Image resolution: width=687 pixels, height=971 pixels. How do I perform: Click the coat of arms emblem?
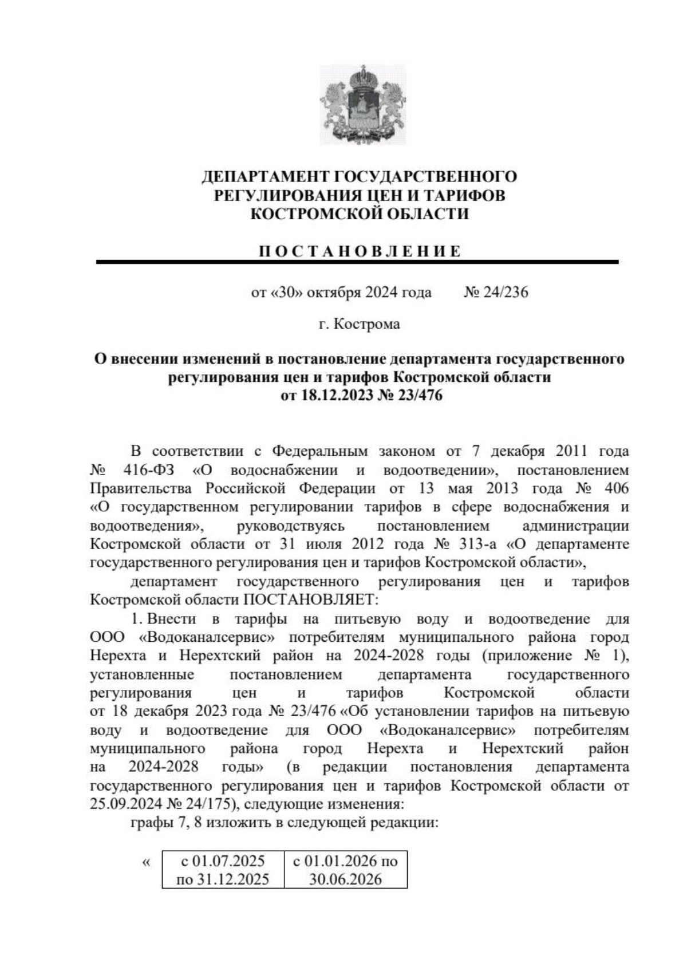[362, 105]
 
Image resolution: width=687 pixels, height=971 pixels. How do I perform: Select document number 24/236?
[496, 293]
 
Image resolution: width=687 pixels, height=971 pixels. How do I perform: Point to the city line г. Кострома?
[359, 325]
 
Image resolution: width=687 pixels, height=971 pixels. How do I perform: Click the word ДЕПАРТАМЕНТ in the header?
[266, 176]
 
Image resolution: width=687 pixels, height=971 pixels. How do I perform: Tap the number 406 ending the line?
[615, 488]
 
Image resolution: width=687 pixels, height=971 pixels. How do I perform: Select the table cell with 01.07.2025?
[223, 869]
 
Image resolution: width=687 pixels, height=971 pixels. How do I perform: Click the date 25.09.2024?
[126, 803]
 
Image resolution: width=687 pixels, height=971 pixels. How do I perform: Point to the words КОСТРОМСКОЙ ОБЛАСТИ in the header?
[360, 214]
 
